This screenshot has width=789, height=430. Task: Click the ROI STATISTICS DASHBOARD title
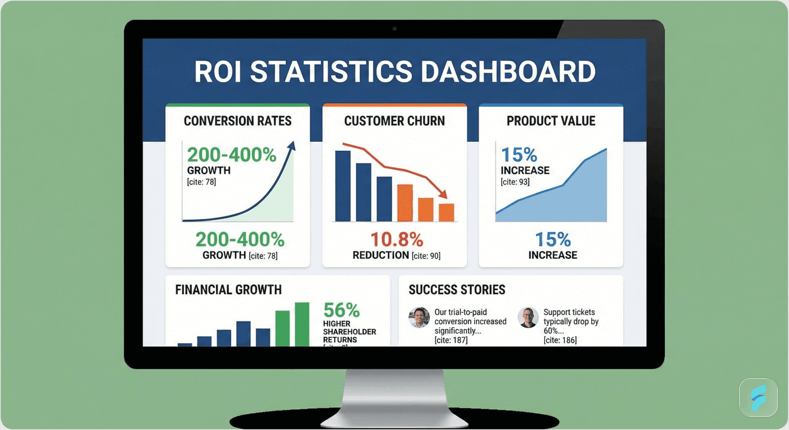coord(394,72)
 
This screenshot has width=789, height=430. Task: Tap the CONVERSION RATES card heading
coord(238,121)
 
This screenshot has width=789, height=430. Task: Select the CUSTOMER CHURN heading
coord(394,121)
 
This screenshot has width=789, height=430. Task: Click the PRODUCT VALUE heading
coord(551,121)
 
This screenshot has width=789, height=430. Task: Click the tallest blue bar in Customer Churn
coord(343,186)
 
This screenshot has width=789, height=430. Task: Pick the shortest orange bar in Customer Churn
coord(446,212)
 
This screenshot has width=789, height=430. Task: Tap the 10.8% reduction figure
coord(397,240)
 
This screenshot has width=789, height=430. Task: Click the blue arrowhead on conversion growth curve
coord(292,146)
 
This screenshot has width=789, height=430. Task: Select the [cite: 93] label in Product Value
coord(515,182)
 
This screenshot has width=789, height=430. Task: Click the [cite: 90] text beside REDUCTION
coord(426,256)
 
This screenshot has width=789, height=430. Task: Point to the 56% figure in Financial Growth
coord(342,310)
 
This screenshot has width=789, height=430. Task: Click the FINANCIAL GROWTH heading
coord(229,290)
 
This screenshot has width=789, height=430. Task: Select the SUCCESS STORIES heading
coord(457,290)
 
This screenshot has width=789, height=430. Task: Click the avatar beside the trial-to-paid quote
coord(419,318)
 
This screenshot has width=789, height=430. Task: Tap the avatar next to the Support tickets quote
coord(528,318)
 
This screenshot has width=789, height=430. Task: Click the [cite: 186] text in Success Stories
coord(560,340)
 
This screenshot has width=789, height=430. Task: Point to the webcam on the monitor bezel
coord(394,29)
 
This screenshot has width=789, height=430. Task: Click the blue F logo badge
coord(758,397)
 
